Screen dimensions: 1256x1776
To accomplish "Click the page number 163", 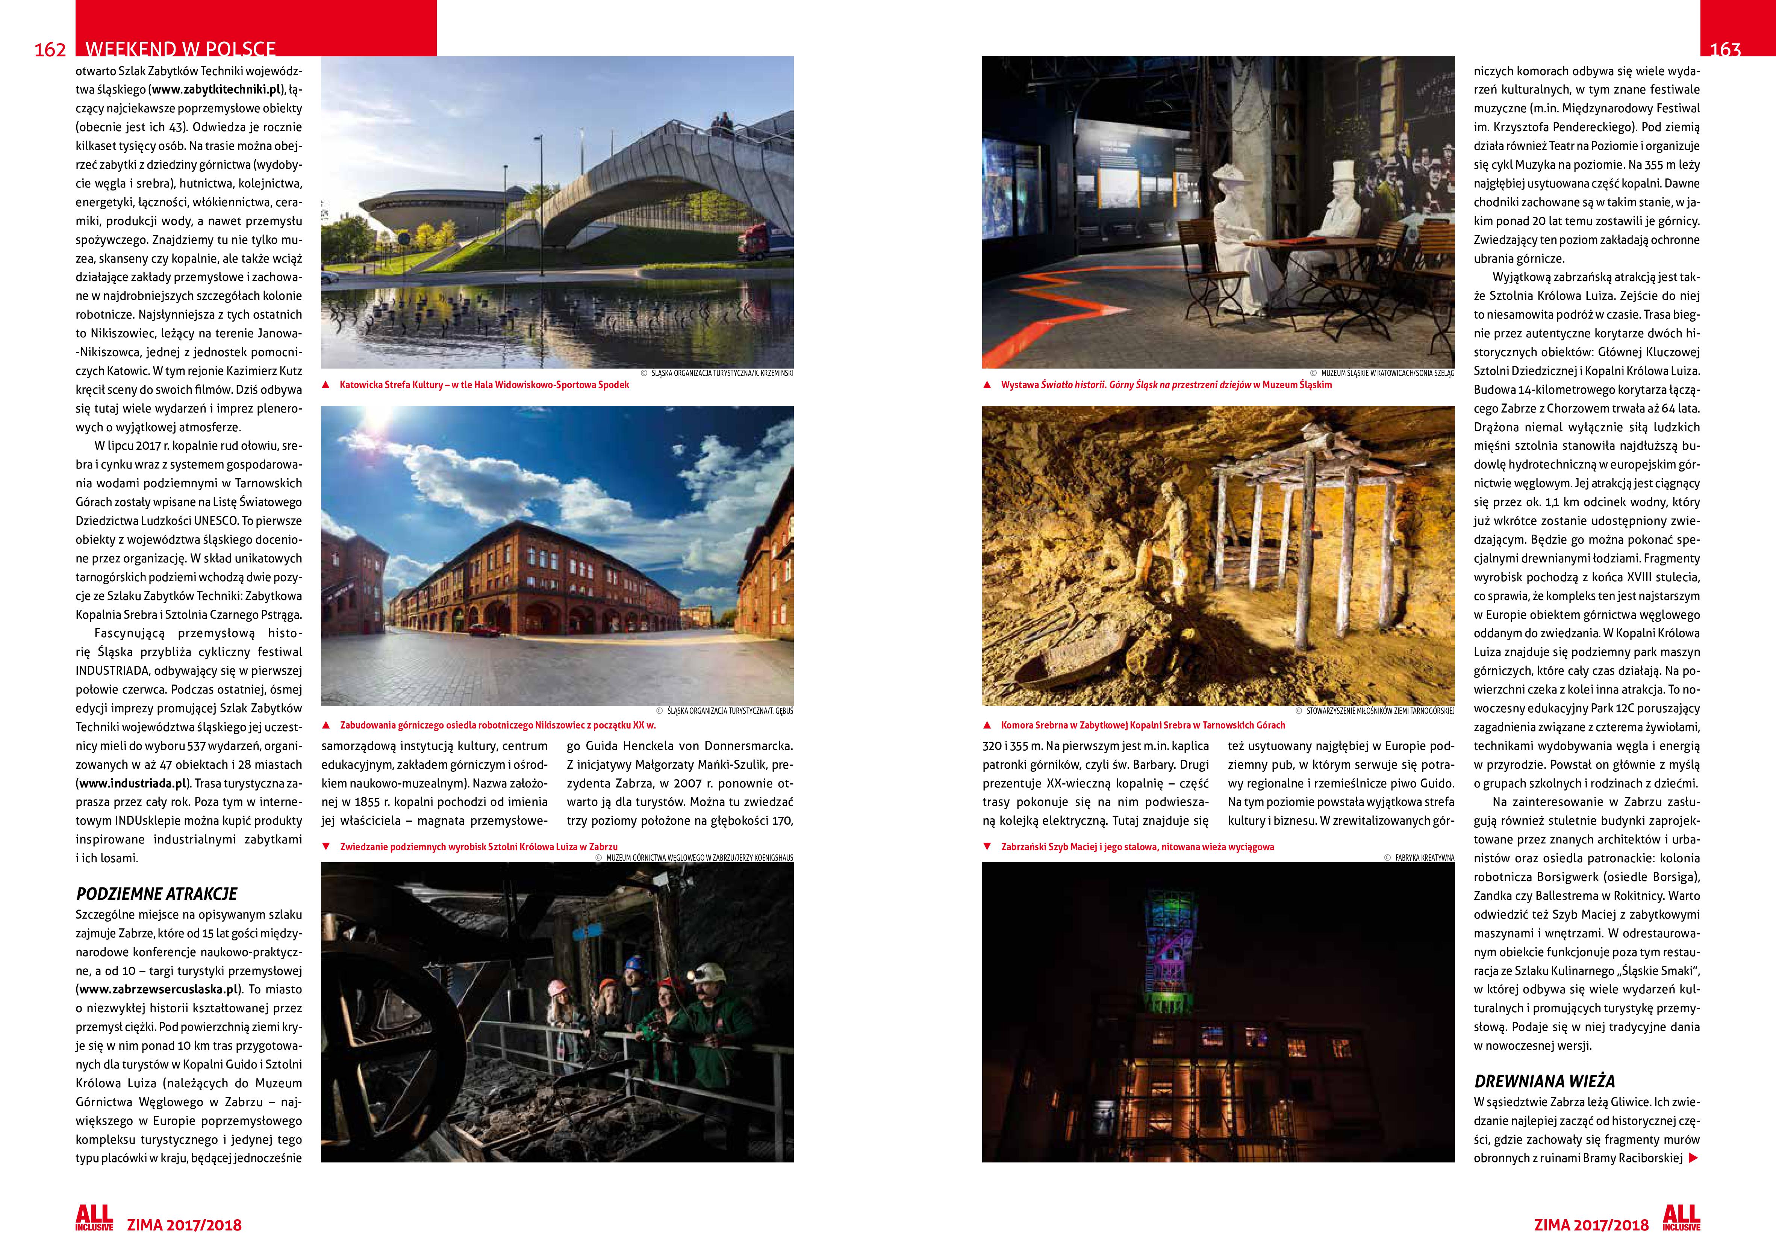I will click(1725, 50).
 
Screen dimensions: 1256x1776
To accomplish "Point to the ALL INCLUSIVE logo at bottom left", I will click(94, 1217).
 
